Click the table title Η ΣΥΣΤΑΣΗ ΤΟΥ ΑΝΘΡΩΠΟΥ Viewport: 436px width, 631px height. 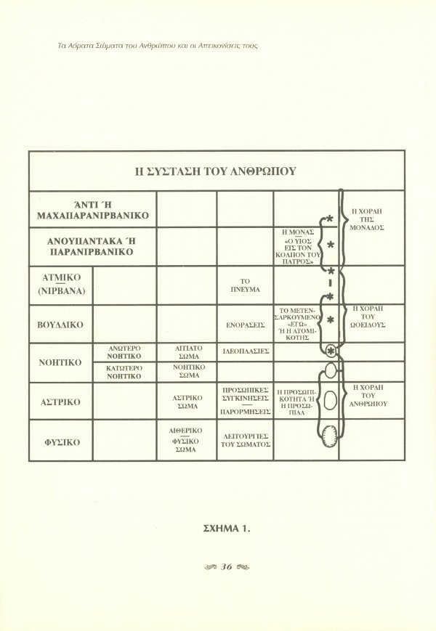point(216,171)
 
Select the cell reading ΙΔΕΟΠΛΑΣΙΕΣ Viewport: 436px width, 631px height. point(245,350)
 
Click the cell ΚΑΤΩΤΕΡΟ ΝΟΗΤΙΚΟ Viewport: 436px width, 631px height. point(125,372)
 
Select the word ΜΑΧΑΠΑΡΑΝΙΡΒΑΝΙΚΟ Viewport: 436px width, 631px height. point(92,216)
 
